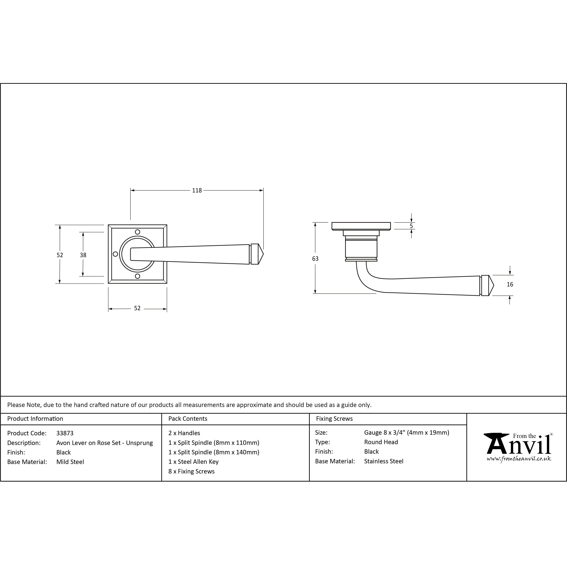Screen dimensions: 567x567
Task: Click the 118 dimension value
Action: pos(197,190)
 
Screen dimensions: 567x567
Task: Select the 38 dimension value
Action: pos(83,255)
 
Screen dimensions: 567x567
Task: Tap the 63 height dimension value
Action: pos(315,259)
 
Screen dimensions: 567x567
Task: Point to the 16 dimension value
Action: pos(510,284)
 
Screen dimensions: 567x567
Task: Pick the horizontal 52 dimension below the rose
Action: pos(137,308)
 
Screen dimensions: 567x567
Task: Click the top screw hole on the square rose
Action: pos(137,232)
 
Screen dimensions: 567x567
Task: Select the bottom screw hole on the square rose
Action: pos(137,276)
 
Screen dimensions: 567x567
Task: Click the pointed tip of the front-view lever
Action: pos(264,254)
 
